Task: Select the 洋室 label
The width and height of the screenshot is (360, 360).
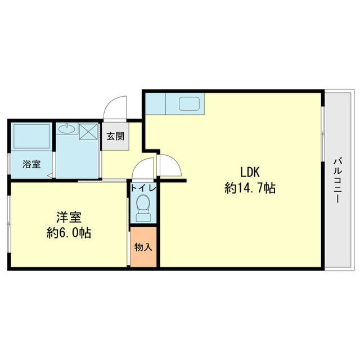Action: click(x=67, y=217)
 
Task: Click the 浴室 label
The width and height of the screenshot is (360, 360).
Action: click(x=31, y=165)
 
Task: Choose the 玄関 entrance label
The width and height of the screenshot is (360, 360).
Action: click(x=116, y=137)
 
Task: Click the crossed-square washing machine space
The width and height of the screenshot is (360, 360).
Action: click(x=89, y=132)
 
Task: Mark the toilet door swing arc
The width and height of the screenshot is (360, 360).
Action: click(x=143, y=166)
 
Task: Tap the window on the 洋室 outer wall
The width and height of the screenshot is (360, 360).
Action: click(x=10, y=225)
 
